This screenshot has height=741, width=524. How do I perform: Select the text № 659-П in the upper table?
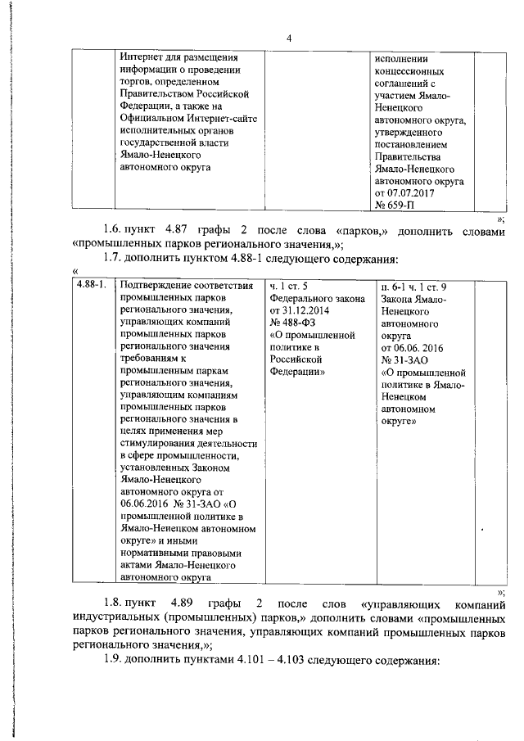[396, 205]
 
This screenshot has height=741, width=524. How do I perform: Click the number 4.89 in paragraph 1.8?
[187, 603]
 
